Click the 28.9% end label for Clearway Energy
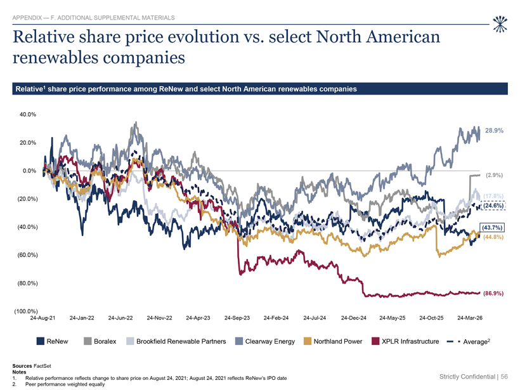[494, 131]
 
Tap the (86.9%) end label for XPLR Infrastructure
[493, 294]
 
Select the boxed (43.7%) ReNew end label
[493, 228]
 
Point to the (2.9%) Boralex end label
[494, 175]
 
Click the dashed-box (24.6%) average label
[493, 205]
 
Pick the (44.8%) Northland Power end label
[493, 237]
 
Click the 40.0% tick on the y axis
[28, 114]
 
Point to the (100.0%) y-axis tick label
[26, 311]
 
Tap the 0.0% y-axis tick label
[30, 171]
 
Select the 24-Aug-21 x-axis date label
[42, 318]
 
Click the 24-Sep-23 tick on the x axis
[237, 318]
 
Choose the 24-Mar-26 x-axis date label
[470, 318]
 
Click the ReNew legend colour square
[40, 341]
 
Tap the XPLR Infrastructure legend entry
[405, 341]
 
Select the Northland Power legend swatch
[308, 341]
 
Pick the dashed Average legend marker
[453, 342]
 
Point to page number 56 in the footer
[504, 377]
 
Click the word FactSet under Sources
[42, 366]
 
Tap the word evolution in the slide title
[204, 37]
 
